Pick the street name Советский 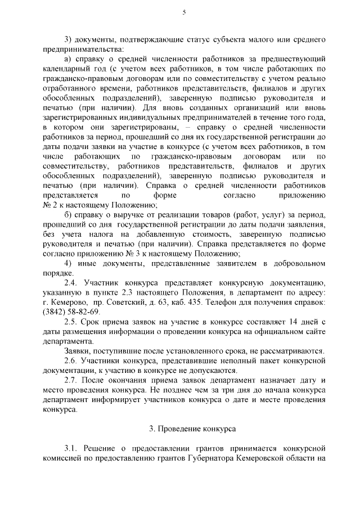[x=116, y=302]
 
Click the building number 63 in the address [x=170, y=302]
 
